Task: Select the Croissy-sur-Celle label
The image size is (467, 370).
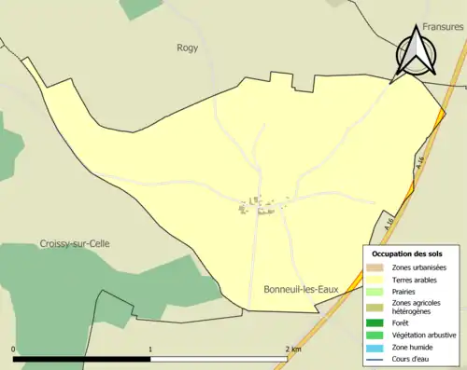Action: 75,243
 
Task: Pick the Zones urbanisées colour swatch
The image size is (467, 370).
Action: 377,267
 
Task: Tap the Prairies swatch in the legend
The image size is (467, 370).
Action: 377,291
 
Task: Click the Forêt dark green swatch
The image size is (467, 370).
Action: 377,323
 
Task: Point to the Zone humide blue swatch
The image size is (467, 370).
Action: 377,347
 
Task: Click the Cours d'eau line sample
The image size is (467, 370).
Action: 377,358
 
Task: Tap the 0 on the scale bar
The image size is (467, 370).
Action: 14,349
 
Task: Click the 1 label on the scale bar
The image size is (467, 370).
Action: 150,349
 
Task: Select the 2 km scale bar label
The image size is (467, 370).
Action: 292,349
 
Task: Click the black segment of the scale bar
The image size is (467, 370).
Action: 82,358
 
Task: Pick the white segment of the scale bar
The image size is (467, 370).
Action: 219,358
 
